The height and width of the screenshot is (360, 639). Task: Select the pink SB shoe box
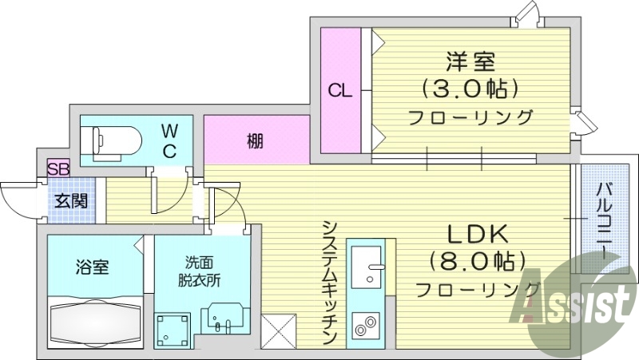(x=58, y=168)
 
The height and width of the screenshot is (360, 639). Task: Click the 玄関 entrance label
(x=70, y=201)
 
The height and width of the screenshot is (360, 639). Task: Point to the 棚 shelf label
(x=255, y=141)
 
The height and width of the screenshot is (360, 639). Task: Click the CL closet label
(x=339, y=91)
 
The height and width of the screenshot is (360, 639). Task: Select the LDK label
(x=477, y=234)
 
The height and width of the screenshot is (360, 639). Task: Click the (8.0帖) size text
(x=477, y=260)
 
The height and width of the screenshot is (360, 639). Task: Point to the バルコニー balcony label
(x=605, y=220)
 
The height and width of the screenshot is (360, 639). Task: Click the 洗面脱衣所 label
(x=203, y=271)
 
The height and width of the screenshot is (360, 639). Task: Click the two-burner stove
(x=367, y=326)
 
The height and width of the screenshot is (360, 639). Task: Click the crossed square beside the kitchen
(x=279, y=330)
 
